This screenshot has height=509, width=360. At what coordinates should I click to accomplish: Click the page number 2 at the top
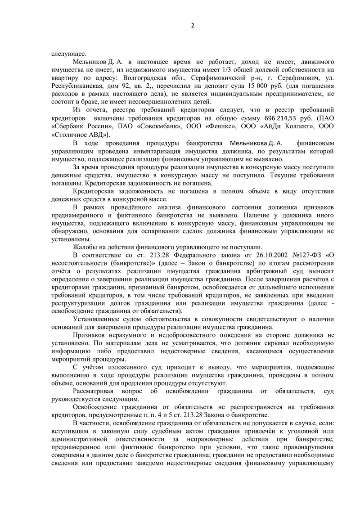pos(192,25)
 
